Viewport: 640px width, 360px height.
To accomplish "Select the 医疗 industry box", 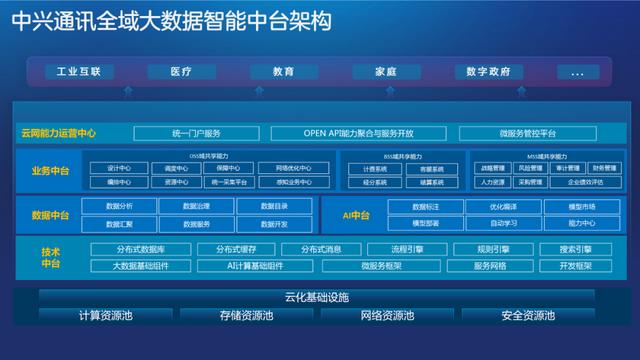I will [181, 72].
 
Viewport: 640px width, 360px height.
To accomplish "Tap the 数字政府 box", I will [489, 72].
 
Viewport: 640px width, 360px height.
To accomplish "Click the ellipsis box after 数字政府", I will [577, 72].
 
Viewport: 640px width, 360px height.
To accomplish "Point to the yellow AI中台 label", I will [357, 215].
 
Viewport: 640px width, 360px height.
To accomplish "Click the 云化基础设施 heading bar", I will [316, 297].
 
